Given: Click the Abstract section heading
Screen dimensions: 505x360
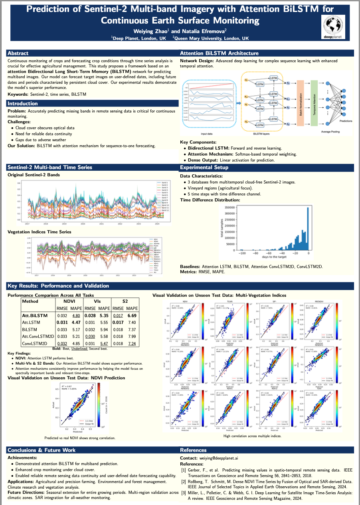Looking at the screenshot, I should [x=18, y=53].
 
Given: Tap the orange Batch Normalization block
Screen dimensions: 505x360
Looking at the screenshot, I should [x=301, y=102].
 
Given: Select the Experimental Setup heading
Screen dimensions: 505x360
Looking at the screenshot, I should [x=204, y=168].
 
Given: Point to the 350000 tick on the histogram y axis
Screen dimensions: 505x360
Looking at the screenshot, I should [x=229, y=207].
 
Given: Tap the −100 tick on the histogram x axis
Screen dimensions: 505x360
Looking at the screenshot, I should [x=241, y=253].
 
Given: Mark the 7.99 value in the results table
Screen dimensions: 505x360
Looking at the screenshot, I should [x=132, y=336].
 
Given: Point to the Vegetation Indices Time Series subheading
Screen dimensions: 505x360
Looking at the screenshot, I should [x=40, y=232].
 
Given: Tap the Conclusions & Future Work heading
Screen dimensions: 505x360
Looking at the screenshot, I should [x=42, y=450].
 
